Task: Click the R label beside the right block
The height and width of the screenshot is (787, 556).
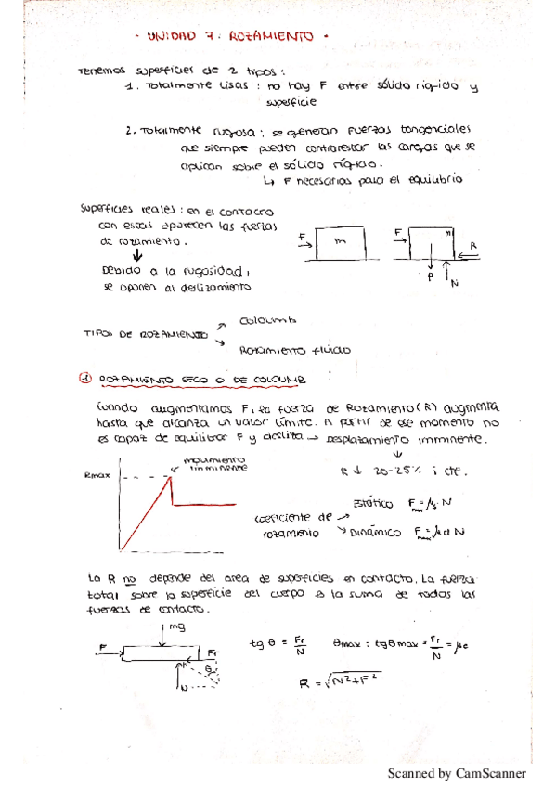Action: (473, 246)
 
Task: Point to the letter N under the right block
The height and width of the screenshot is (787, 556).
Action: (455, 283)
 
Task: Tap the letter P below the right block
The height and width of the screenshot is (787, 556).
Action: (430, 277)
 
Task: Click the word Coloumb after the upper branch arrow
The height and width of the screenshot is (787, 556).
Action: (266, 320)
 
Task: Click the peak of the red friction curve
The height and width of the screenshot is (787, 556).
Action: (171, 477)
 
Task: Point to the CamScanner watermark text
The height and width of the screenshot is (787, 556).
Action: (457, 772)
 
